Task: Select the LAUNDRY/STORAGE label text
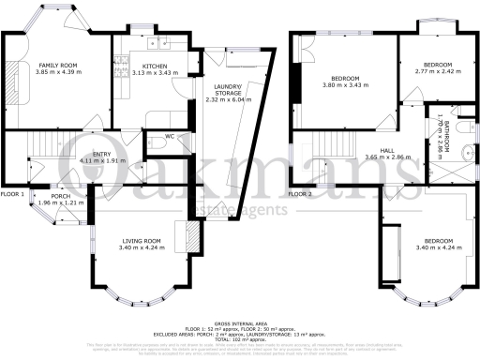[x=228, y=90]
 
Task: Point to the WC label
[x=170, y=137]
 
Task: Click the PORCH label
[x=63, y=196]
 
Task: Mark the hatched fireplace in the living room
[x=193, y=233]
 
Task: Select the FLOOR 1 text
[x=12, y=194]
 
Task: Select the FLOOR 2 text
[x=300, y=194]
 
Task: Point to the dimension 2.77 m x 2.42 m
[x=434, y=70]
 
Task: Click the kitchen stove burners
[x=120, y=67]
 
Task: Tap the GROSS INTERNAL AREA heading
[x=240, y=322]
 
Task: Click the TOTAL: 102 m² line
[x=240, y=337]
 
